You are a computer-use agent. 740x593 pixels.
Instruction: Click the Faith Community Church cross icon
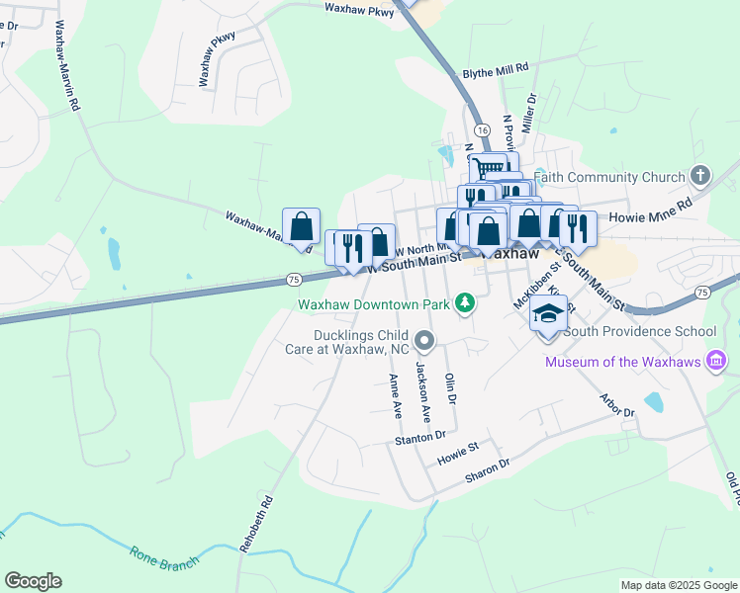700,177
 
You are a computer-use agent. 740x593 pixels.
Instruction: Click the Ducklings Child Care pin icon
425,343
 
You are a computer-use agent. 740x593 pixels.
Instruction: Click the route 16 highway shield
482,130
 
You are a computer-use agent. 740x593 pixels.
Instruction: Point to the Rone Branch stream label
164,555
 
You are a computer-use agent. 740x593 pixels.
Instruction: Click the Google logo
34,581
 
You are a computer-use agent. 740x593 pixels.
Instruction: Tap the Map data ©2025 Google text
679,585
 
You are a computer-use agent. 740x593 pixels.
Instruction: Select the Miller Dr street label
531,112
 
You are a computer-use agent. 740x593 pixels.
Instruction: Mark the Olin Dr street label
451,387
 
